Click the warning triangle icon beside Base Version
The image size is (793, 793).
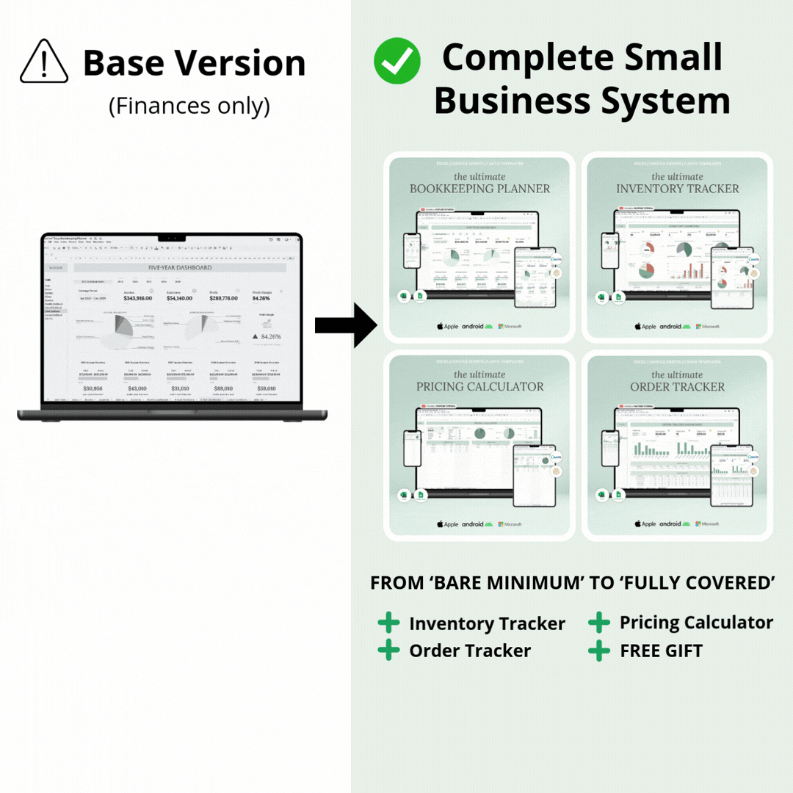click(44, 62)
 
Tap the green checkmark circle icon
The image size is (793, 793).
click(396, 61)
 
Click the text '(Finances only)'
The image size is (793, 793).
click(189, 106)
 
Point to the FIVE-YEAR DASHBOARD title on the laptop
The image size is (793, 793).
click(180, 268)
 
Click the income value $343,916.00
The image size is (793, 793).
click(137, 298)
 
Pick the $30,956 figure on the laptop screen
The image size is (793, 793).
click(93, 388)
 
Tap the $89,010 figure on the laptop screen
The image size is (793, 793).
click(223, 388)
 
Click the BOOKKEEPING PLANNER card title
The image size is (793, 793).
click(479, 189)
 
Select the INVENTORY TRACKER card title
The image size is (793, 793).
click(677, 189)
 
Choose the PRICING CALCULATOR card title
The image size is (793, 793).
click(479, 387)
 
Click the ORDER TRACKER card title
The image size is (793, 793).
click(677, 387)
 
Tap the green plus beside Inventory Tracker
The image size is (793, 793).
click(388, 623)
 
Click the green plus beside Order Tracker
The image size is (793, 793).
click(388, 650)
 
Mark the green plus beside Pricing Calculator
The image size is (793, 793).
click(599, 623)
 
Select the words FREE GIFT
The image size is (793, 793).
click(661, 651)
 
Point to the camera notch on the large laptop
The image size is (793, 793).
click(171, 238)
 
